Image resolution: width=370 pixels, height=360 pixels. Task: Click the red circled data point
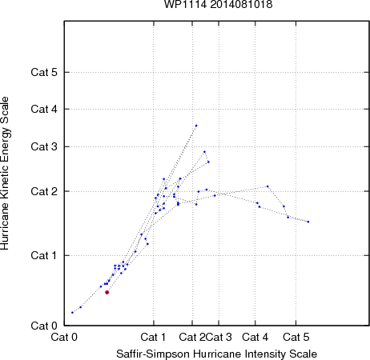[107, 292]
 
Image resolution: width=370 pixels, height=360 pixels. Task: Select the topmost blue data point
[196, 126]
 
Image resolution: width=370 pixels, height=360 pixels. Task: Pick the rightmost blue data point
[308, 222]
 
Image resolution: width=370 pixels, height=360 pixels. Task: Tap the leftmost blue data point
[72, 312]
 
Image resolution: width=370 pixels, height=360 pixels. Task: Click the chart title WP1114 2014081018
[218, 4]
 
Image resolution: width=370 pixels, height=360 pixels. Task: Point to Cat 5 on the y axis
[44, 72]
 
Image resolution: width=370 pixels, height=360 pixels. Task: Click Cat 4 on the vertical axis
[44, 109]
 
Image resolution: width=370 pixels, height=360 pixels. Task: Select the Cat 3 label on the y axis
[44, 146]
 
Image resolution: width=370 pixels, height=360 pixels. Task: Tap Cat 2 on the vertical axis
[44, 191]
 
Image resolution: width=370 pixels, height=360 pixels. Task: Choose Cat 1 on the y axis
[44, 255]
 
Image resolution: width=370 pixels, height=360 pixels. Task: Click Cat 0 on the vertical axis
[44, 326]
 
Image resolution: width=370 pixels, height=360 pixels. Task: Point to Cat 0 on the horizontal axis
[64, 337]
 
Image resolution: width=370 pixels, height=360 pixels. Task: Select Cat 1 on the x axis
[153, 337]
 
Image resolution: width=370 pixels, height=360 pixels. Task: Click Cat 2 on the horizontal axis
[192, 337]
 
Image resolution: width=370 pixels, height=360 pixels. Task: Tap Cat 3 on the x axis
[219, 337]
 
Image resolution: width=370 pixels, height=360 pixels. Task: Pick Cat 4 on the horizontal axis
[255, 337]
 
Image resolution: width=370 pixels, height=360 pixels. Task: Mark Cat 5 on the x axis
[296, 337]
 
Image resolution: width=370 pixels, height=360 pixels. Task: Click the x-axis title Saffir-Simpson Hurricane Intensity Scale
[217, 354]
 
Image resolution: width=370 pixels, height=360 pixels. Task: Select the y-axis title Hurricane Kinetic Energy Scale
[5, 174]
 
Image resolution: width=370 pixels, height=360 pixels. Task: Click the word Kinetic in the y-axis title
[4, 181]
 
